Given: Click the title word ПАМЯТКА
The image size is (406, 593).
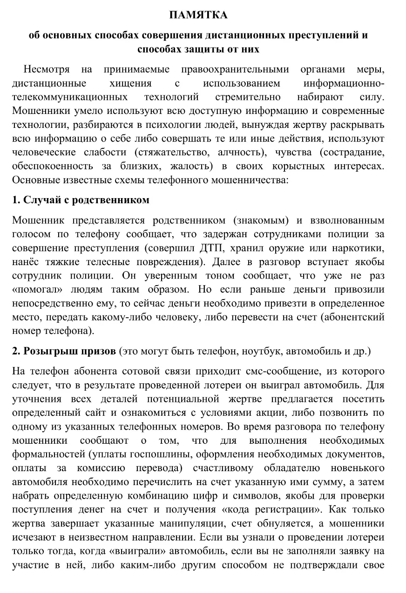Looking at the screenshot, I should coord(198,15).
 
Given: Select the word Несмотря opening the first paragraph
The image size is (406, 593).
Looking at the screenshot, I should coord(47,70).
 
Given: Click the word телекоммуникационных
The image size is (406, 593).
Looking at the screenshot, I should coord(70,97).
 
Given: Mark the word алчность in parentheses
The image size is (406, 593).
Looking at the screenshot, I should coord(246,152).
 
